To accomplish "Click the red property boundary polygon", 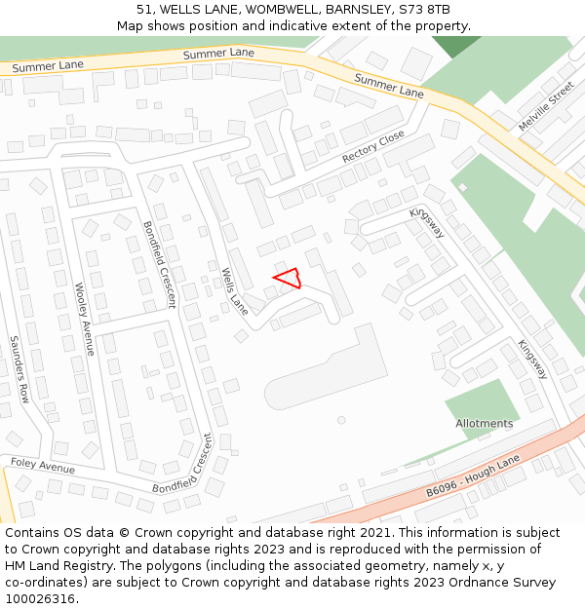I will [x=287, y=280].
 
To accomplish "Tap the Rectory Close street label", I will [x=372, y=147].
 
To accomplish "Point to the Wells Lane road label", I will [x=234, y=290].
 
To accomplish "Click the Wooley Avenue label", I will [x=84, y=319].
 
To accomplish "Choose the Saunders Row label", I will [x=19, y=369].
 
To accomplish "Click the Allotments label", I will [x=484, y=424].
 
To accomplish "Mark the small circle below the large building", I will [x=341, y=420].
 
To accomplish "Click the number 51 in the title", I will [x=144, y=10].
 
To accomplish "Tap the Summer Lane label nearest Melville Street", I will [x=388, y=85].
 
